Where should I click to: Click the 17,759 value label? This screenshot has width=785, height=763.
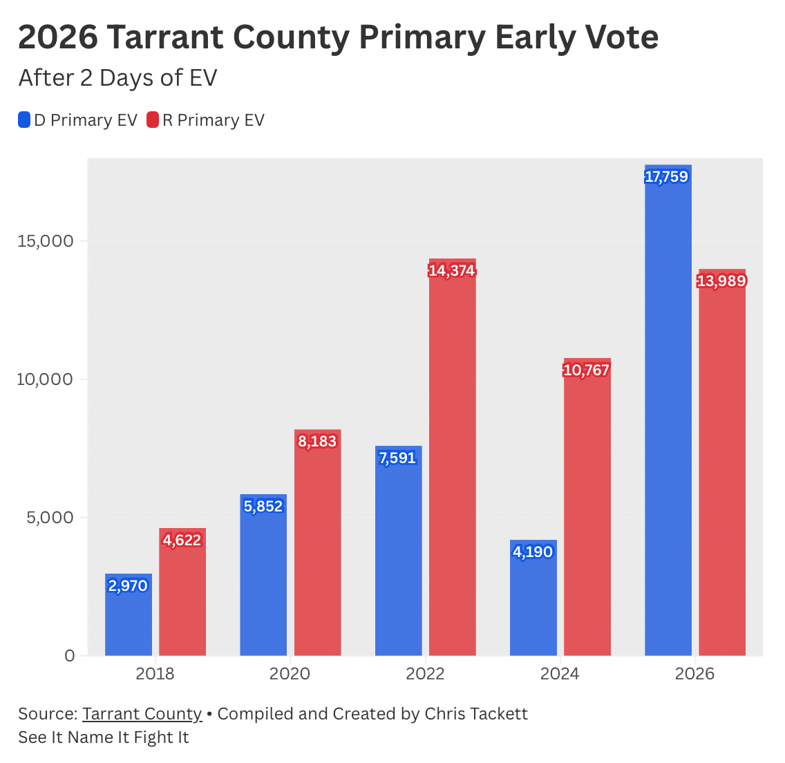click(667, 177)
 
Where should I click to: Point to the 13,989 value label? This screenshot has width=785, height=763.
click(721, 281)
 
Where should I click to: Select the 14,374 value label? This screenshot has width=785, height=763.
click(452, 270)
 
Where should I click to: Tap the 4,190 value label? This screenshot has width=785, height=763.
click(533, 552)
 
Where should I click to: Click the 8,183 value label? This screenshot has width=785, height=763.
click(317, 441)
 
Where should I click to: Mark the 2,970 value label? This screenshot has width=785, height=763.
click(129, 585)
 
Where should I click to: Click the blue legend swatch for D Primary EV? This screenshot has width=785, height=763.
click(24, 120)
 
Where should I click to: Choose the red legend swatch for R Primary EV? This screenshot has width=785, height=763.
click(153, 120)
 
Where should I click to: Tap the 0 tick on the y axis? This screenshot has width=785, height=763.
click(69, 655)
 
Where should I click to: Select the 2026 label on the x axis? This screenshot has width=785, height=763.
click(694, 674)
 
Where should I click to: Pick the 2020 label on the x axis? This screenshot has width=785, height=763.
click(290, 674)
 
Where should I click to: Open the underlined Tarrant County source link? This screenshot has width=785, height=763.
click(142, 713)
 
